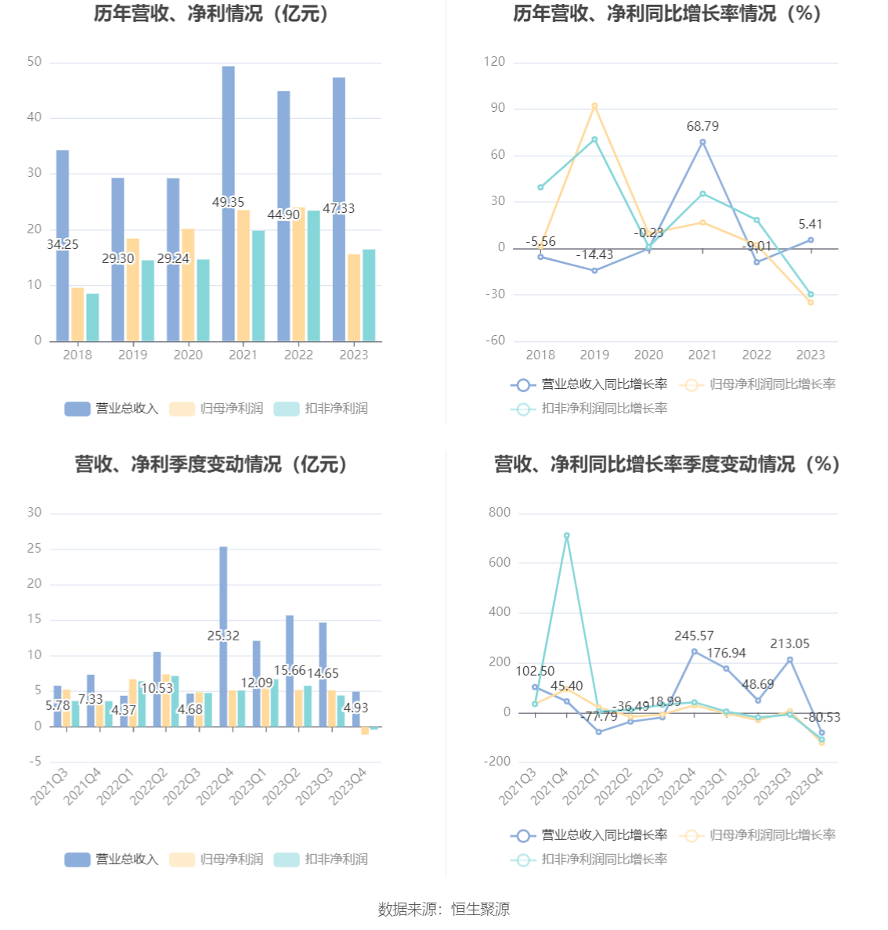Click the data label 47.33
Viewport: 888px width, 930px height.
(338, 208)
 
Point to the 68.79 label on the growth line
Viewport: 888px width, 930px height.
(702, 126)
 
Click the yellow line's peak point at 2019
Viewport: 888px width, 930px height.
(594, 106)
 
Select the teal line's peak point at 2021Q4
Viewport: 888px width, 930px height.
(566, 535)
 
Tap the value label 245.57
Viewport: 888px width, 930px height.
(694, 636)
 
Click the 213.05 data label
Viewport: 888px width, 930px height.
(789, 643)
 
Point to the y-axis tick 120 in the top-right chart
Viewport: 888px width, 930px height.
(494, 62)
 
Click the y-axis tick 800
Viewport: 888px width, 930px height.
(499, 513)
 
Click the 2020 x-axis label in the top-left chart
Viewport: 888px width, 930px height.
(188, 355)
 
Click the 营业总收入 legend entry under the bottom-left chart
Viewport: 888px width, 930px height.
(112, 860)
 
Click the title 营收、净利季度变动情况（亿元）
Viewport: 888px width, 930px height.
(211, 464)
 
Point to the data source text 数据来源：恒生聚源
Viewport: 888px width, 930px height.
(443, 909)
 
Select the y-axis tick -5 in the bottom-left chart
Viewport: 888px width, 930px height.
(35, 762)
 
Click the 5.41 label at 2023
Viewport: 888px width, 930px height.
(810, 224)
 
